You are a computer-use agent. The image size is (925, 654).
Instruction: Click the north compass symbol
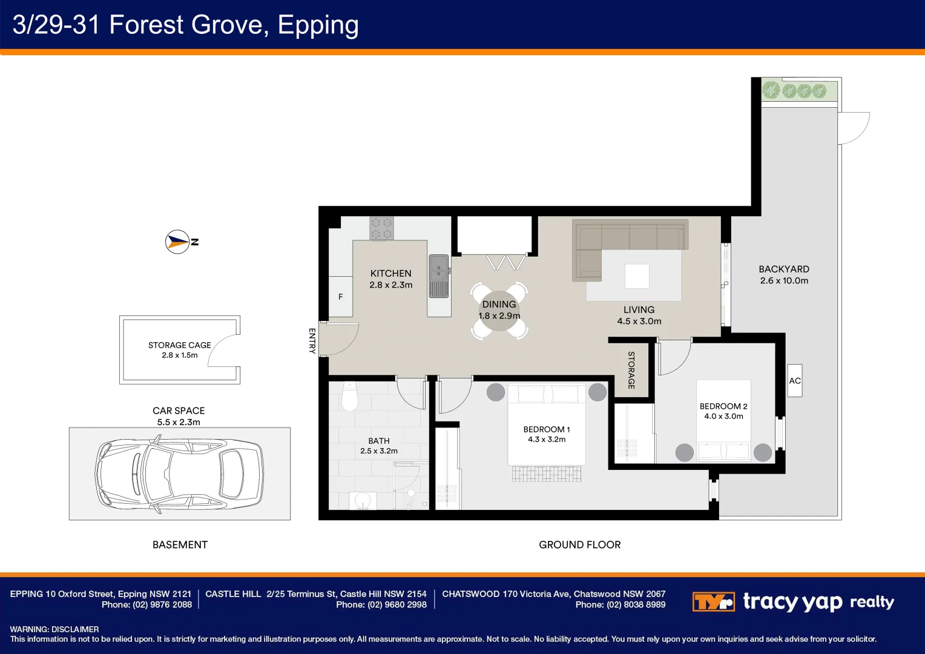click(x=177, y=242)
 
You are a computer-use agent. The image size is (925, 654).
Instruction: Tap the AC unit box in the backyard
click(x=794, y=380)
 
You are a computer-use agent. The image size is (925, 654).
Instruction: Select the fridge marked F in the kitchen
click(x=340, y=297)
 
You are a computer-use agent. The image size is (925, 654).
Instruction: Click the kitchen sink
click(x=438, y=276)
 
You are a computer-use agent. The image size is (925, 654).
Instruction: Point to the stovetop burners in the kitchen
click(x=381, y=228)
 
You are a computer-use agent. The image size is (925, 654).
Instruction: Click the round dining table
click(x=499, y=310)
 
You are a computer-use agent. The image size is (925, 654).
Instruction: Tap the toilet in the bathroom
click(x=349, y=396)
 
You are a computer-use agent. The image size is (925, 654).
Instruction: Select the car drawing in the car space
click(x=179, y=474)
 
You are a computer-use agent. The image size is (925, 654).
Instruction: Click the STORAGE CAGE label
click(x=180, y=345)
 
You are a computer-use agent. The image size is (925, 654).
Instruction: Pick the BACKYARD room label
click(x=784, y=269)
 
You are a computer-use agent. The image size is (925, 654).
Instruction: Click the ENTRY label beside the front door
click(x=312, y=341)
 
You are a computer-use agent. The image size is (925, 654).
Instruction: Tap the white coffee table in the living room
click(x=637, y=276)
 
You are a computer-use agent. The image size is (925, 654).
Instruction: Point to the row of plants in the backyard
click(x=794, y=90)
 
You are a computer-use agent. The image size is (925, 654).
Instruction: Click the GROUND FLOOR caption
click(x=579, y=544)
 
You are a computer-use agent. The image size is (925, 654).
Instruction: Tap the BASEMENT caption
click(x=180, y=544)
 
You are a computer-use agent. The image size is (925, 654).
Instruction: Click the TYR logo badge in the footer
click(x=713, y=601)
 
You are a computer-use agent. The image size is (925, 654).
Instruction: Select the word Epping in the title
click(x=318, y=25)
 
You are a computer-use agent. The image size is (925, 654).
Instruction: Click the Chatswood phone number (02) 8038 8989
click(x=636, y=605)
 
